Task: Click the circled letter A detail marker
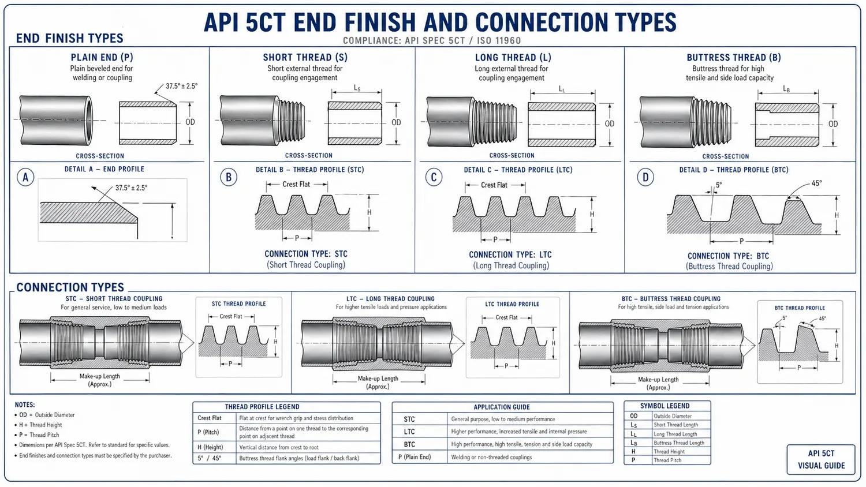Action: click(x=25, y=177)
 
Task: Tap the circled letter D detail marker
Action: click(x=645, y=177)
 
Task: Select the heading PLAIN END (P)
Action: click(x=102, y=57)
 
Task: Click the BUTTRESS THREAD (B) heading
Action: click(x=733, y=57)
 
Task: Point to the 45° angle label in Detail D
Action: click(x=816, y=183)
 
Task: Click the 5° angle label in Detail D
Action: click(x=719, y=185)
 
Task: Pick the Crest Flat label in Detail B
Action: click(x=296, y=185)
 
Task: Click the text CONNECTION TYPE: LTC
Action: click(x=510, y=254)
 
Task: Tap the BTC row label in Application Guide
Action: click(x=409, y=444)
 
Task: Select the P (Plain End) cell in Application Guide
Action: click(x=415, y=457)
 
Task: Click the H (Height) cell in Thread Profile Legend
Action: click(x=210, y=447)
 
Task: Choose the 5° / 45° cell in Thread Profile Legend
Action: click(x=210, y=458)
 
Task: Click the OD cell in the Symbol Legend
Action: click(x=634, y=416)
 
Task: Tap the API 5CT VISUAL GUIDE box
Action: click(x=821, y=459)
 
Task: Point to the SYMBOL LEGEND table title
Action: click(x=665, y=406)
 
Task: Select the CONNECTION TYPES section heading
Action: click(x=70, y=287)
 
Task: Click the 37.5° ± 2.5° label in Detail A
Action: click(x=131, y=188)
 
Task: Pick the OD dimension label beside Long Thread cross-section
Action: click(x=610, y=123)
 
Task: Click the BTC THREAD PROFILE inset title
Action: click(x=800, y=308)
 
